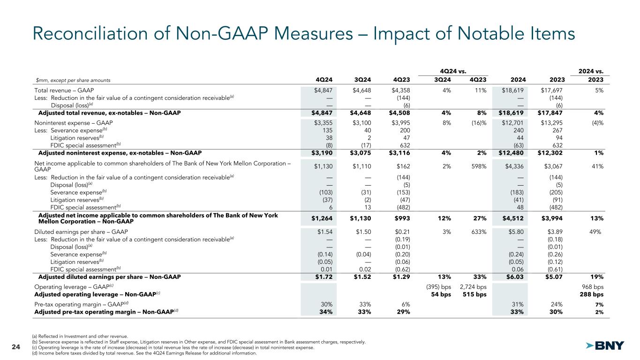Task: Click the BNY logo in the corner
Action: click(606, 345)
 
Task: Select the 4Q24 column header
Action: click(323, 79)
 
